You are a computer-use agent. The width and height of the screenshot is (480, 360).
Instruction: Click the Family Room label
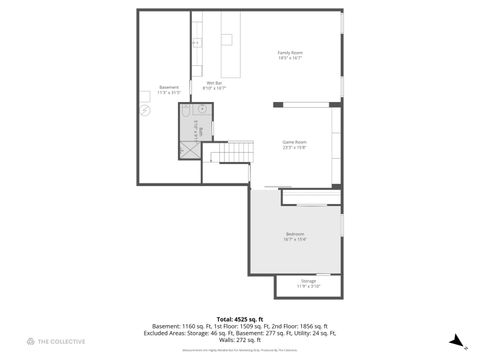290,52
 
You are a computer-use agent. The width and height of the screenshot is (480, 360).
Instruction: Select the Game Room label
293,143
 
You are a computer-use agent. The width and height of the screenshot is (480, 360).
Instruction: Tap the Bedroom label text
295,234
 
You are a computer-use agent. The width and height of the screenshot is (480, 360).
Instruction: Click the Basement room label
169,87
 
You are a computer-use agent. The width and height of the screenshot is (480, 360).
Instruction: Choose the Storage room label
308,281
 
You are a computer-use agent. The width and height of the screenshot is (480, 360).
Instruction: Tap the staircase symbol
233,152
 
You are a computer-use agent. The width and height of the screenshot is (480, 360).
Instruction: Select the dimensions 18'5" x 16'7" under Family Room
290,58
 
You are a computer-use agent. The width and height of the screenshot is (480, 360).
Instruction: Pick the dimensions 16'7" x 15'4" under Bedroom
295,240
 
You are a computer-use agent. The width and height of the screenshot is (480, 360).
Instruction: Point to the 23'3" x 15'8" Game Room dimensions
293,149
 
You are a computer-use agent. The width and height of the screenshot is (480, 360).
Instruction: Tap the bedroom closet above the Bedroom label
310,198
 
